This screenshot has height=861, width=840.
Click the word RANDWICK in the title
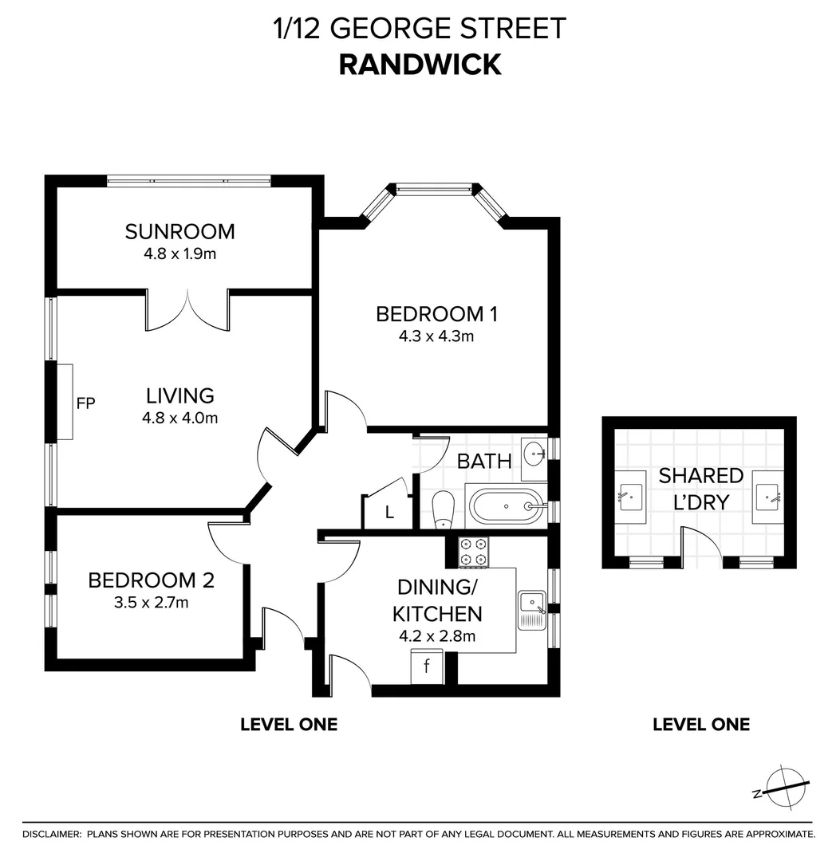click(420, 64)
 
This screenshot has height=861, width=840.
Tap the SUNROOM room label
click(180, 232)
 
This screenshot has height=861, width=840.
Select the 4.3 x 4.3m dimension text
click(436, 336)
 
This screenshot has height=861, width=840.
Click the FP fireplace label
click(85, 403)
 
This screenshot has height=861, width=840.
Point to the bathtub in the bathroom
click(507, 505)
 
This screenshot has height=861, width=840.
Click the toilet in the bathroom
click(443, 509)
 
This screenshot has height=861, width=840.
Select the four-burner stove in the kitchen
click(475, 551)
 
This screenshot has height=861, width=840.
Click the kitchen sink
click(531, 610)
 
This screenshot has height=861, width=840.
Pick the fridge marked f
click(427, 666)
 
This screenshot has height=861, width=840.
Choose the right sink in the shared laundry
click(767, 496)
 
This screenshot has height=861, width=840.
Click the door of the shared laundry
click(702, 546)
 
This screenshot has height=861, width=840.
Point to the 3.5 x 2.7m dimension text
click(151, 603)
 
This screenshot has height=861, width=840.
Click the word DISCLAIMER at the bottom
click(52, 834)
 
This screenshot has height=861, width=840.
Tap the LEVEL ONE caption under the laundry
click(701, 724)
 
